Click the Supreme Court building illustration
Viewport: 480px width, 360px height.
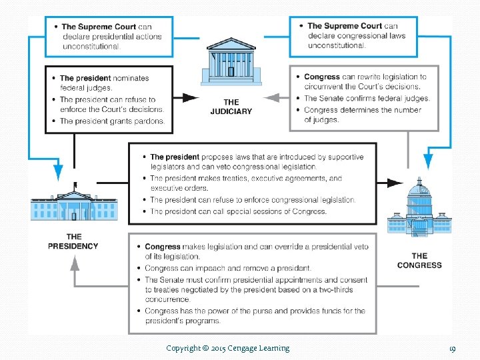point(231,62)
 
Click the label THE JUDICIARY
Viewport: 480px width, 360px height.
point(231,107)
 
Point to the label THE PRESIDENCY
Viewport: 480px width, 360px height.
point(73,241)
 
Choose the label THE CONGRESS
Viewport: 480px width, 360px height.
point(419,261)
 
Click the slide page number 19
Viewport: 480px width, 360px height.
point(452,348)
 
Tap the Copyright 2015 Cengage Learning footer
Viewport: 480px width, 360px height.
point(227,348)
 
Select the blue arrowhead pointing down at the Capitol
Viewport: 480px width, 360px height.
point(427,161)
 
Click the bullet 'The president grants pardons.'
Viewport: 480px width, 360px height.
point(111,121)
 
